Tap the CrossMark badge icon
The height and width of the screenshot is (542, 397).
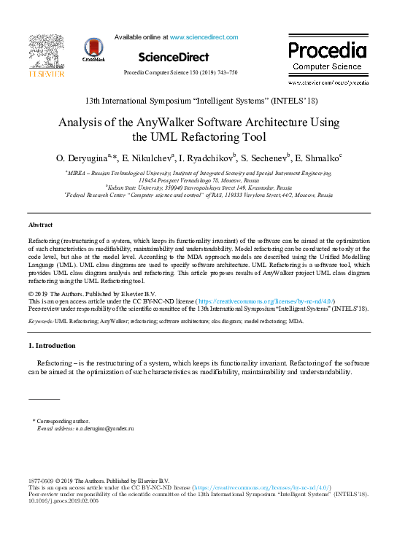pyautogui.click(x=94, y=47)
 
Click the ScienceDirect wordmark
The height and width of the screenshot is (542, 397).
pyautogui.click(x=173, y=57)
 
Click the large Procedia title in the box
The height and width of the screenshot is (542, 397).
pyautogui.click(x=326, y=51)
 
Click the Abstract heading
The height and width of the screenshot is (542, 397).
pyautogui.click(x=40, y=225)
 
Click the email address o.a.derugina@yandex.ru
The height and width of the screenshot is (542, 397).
pyautogui.click(x=106, y=428)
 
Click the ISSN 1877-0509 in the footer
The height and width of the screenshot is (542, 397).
pyautogui.click(x=41, y=481)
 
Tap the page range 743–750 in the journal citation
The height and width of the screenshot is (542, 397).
pyautogui.click(x=224, y=73)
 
